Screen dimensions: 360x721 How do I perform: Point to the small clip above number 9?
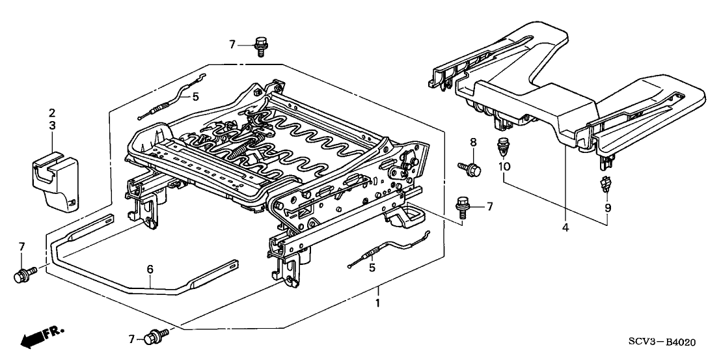[606, 187]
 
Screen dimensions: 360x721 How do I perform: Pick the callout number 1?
[377, 303]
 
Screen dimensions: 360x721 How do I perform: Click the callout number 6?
[150, 268]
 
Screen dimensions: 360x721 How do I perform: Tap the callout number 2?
[52, 113]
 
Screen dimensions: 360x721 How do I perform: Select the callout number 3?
[52, 125]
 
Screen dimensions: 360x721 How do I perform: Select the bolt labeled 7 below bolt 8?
[463, 206]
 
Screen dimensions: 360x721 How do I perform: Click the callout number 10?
[504, 167]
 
